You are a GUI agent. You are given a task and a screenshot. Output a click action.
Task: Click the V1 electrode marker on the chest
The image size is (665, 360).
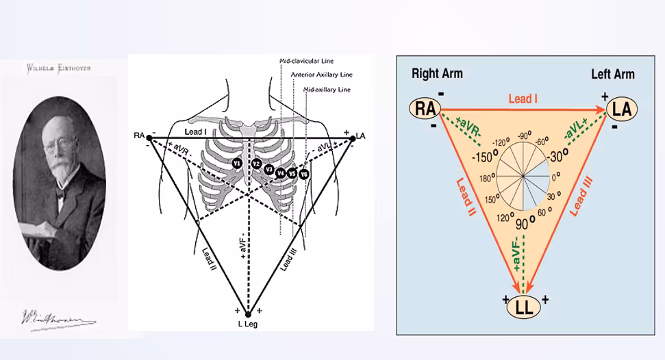click(x=236, y=164)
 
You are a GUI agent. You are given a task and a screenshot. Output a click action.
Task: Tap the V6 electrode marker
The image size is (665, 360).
click(x=304, y=175)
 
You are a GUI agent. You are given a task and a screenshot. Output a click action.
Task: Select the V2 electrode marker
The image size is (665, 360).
click(x=255, y=164)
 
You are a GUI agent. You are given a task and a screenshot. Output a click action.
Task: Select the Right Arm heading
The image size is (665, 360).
click(x=437, y=73)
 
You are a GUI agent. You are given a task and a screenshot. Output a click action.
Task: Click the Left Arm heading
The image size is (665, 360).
click(x=613, y=73)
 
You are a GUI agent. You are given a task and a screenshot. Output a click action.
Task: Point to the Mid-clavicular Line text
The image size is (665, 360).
click(x=306, y=62)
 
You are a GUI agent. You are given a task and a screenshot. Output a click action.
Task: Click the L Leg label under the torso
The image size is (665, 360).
click(x=248, y=324)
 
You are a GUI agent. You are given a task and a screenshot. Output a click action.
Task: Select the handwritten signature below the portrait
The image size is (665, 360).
click(x=58, y=318)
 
